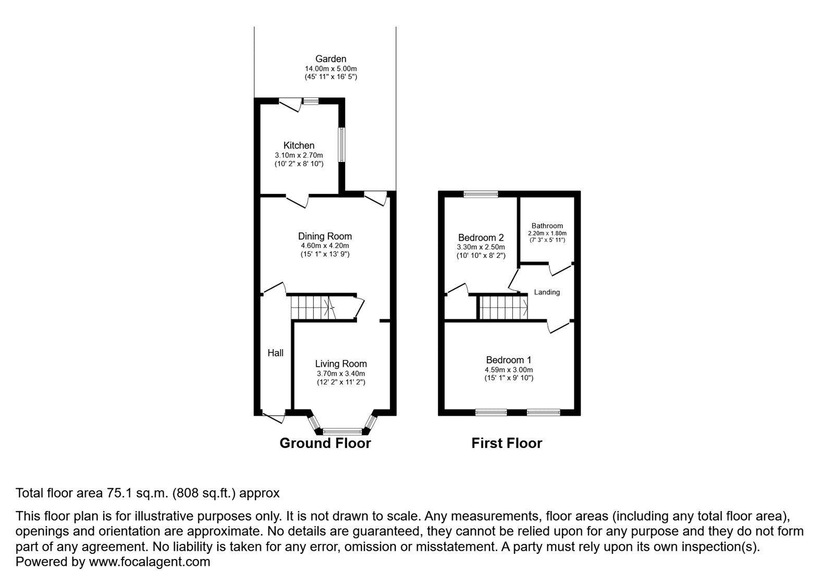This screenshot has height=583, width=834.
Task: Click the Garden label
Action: click(x=330, y=59)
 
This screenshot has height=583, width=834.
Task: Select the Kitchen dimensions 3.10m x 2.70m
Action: click(x=299, y=155)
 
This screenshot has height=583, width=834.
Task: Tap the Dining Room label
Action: click(x=325, y=237)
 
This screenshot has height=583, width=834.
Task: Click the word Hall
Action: click(x=275, y=353)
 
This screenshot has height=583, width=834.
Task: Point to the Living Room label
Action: click(x=341, y=364)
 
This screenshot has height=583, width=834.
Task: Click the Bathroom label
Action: click(x=547, y=226)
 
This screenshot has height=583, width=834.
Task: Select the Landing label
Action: click(x=547, y=292)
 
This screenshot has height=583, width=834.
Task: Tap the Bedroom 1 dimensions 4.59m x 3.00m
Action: click(x=508, y=370)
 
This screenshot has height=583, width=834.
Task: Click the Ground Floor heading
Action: click(x=325, y=443)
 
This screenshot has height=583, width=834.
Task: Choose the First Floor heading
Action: click(x=507, y=443)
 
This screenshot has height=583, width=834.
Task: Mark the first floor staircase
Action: click(x=502, y=307)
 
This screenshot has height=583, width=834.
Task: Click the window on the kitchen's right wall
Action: click(x=341, y=145)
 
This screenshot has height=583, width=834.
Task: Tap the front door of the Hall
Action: click(x=274, y=416)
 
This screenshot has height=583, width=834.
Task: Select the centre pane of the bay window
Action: click(x=342, y=431)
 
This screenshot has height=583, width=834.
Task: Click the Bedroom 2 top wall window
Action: click(x=481, y=194)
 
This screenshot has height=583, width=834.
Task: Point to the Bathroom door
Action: click(x=560, y=268)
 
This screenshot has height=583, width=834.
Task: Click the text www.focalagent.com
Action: click(x=150, y=562)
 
